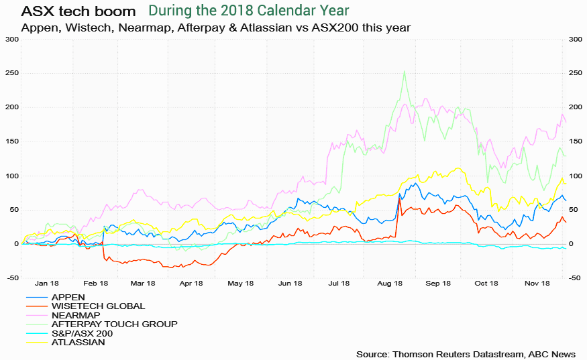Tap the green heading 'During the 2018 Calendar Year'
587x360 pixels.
249,11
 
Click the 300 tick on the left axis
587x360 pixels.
11,39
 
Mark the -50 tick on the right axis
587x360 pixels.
575,278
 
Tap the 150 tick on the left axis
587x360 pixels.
11,141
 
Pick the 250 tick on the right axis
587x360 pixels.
575,73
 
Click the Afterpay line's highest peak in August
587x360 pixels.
404,72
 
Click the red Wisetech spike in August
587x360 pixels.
400,199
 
